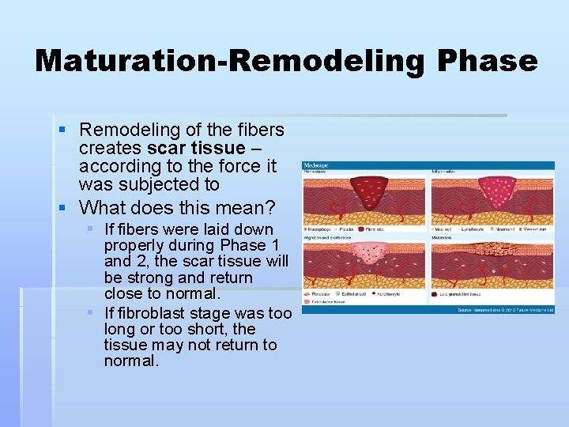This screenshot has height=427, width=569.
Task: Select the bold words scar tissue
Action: click(x=195, y=149)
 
